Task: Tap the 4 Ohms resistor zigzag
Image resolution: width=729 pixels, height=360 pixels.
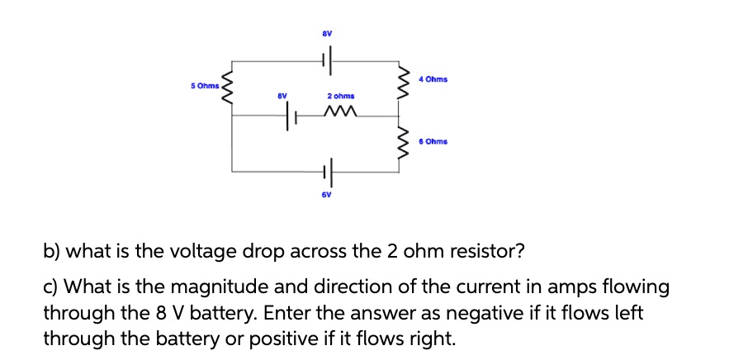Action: [401, 82]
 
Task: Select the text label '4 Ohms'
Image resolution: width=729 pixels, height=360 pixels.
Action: [433, 79]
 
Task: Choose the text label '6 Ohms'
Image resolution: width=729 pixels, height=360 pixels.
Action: [433, 141]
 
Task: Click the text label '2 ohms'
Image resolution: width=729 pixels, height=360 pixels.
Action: [340, 97]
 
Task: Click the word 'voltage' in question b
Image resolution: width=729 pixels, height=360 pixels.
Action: [192, 250]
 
